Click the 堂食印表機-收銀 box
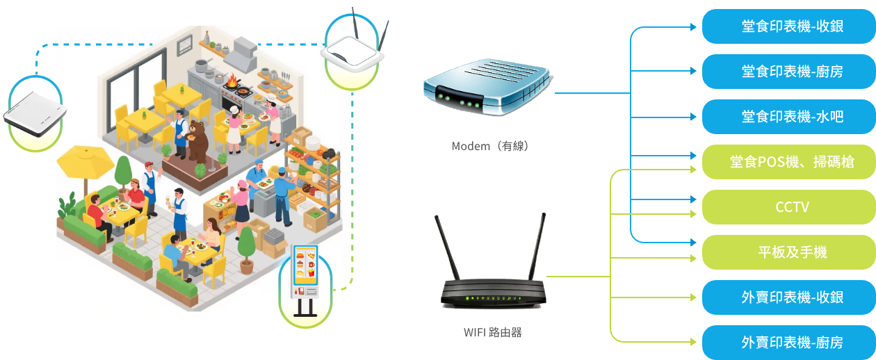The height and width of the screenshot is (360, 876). coord(789,26)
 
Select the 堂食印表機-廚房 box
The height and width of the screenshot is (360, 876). coord(789,72)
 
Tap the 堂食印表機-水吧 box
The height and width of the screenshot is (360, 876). coord(789,117)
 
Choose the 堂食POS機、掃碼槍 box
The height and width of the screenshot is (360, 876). coord(789,162)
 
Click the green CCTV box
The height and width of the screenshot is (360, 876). coord(789,207)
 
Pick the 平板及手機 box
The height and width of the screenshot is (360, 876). coord(789,252)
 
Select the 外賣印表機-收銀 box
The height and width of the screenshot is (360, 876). coord(789,297)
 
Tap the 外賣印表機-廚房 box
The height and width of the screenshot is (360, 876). coord(789,343)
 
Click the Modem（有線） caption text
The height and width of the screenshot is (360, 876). coord(490,146)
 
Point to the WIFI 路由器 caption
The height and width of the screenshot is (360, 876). coord(493,333)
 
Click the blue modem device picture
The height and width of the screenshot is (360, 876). coord(487,87)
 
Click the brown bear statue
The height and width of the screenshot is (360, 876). coord(197,140)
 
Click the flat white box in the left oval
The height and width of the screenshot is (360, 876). coord(35,114)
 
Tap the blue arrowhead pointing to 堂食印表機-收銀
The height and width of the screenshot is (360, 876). coord(693,27)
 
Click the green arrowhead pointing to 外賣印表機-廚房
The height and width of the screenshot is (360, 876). coord(693,342)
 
